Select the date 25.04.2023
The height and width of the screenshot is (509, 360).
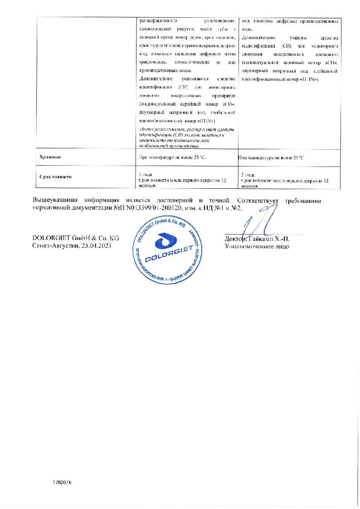point(95,245)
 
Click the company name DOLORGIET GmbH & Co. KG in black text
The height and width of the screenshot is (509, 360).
point(76,238)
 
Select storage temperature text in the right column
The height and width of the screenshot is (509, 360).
point(271,157)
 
